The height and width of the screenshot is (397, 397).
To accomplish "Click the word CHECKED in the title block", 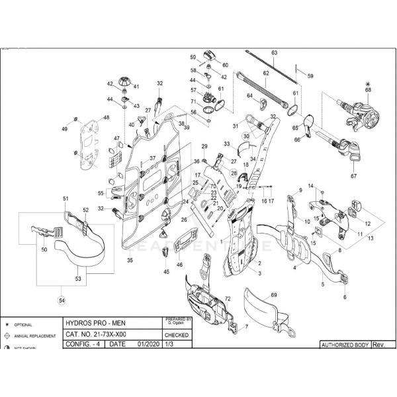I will (x=176, y=335).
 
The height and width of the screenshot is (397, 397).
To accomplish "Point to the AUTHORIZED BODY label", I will (x=344, y=345).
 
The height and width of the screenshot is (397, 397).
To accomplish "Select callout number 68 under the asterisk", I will (x=368, y=90).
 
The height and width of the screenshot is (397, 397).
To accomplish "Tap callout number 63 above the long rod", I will (x=274, y=52).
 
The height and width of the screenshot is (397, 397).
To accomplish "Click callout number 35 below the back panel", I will (x=130, y=261).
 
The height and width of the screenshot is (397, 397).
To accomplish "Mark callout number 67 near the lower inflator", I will (x=353, y=177).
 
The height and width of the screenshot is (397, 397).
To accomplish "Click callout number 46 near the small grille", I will (x=179, y=264).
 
